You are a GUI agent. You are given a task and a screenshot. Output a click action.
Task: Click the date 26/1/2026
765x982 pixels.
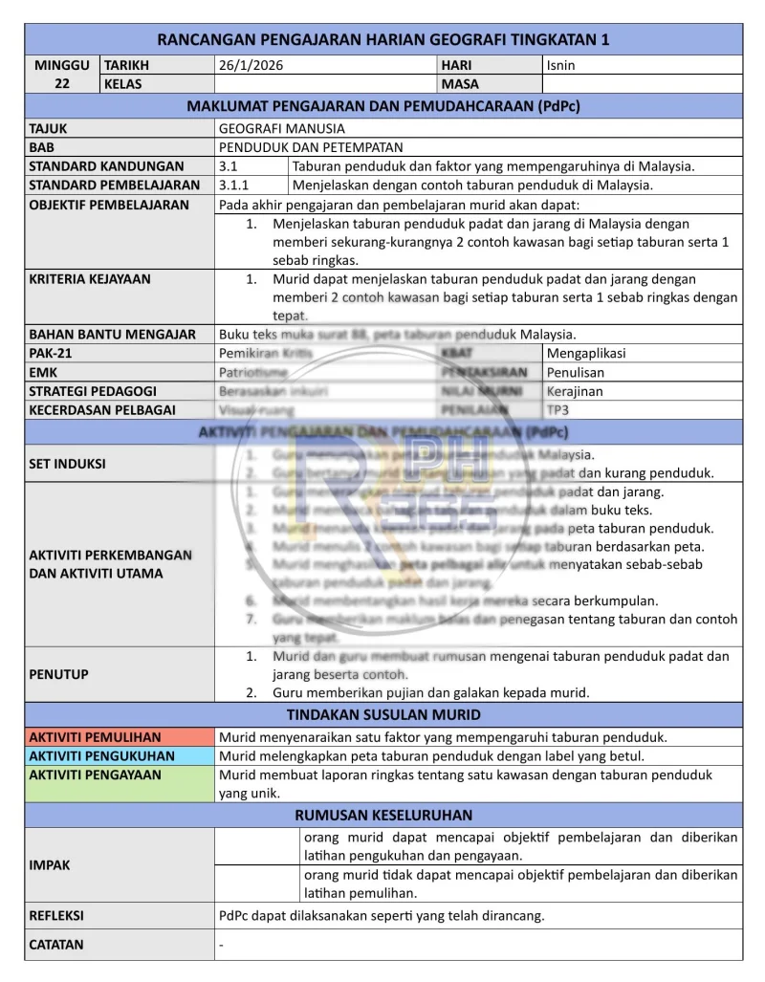pos(251,66)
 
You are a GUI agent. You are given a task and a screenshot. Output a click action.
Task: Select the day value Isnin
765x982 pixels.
pos(560,66)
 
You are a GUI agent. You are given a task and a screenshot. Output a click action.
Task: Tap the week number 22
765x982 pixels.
pos(61,84)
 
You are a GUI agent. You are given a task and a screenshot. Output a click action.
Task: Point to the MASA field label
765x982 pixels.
pos(461,84)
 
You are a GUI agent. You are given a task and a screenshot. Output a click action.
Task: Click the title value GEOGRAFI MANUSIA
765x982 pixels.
pos(282,128)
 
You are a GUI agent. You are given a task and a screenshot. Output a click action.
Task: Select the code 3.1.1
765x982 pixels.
pos(234,185)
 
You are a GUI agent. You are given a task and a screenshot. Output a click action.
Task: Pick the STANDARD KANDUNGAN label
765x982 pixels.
pos(106,166)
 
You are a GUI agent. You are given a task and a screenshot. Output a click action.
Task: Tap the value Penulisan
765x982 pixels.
pos(576,373)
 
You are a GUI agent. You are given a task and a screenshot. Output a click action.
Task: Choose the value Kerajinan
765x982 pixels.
pos(575,391)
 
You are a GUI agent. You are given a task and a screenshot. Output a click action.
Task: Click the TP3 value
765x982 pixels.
pos(557,410)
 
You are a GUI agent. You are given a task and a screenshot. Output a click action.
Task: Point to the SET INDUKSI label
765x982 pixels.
pos(67,464)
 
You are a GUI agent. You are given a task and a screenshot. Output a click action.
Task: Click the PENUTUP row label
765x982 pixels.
pos(59,674)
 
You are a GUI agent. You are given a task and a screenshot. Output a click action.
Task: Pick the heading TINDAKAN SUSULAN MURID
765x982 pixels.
pos(383,715)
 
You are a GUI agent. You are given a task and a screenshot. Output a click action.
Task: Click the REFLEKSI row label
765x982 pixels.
pos(56,916)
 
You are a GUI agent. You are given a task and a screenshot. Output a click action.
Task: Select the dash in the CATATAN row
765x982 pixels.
pos(222,945)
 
